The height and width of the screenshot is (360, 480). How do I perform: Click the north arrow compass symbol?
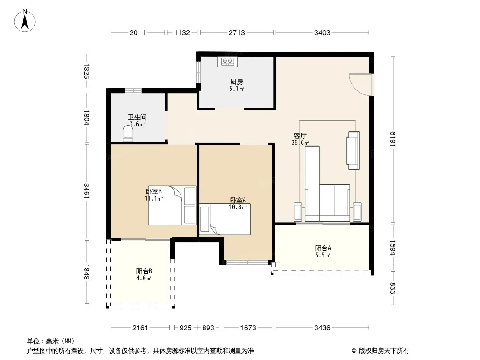(x=25, y=21)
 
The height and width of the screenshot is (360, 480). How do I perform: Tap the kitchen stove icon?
(x=227, y=62)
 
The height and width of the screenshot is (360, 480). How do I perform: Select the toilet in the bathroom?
(x=128, y=134)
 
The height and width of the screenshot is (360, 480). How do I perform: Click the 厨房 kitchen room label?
(x=237, y=81)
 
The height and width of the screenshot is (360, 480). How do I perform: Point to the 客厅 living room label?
(x=300, y=135)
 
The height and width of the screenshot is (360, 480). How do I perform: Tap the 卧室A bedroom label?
(x=238, y=200)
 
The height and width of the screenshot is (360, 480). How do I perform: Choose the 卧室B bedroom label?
(x=154, y=191)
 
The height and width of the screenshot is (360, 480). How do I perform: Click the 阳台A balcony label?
(x=323, y=248)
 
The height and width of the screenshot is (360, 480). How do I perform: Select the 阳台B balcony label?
(x=144, y=271)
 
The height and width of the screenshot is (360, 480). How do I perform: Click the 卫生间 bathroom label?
(x=137, y=117)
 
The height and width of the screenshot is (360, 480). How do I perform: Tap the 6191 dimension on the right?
(x=393, y=139)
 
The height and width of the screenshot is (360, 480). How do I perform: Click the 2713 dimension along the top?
(x=237, y=33)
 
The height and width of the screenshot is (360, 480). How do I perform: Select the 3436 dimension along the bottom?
(x=322, y=328)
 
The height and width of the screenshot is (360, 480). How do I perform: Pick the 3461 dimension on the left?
(x=86, y=190)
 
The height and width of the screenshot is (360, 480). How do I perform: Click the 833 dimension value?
(x=393, y=288)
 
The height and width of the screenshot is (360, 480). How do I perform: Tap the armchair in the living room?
(x=353, y=150)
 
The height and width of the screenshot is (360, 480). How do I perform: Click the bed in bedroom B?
(x=172, y=206)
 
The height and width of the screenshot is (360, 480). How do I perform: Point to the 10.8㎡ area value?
(x=238, y=207)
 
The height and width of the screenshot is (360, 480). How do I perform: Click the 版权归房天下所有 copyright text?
(x=384, y=351)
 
